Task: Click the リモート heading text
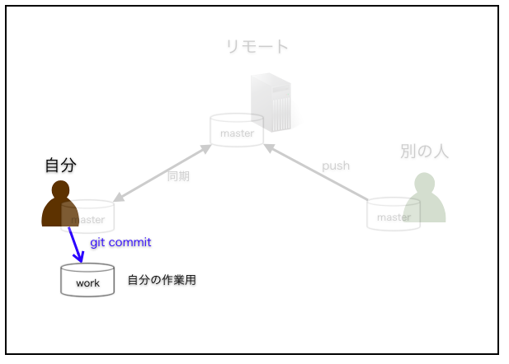tap(257, 47)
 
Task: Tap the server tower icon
tap(271, 102)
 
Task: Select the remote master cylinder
tap(237, 130)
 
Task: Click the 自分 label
tap(61, 165)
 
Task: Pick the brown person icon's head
tap(60, 189)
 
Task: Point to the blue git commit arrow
tap(76, 245)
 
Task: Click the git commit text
tap(120, 242)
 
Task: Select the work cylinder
tap(87, 280)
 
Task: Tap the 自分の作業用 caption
tap(162, 280)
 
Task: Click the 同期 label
tap(178, 176)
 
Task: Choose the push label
tap(336, 166)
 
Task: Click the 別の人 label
tap(424, 151)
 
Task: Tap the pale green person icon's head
tap(424, 183)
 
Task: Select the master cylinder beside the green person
tap(394, 214)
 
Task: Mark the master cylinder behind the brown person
tap(87, 217)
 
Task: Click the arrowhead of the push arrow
tap(269, 148)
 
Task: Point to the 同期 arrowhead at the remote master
tap(205, 149)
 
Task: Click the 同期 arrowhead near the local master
tap(119, 197)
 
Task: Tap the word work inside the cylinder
tap(87, 283)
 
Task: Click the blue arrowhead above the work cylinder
tap(79, 258)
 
